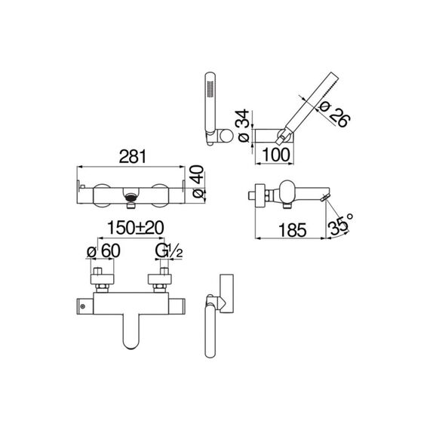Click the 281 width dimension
133,156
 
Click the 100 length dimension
275,155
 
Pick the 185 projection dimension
293,230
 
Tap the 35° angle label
339,225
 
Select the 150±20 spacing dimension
136,228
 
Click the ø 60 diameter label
103,250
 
